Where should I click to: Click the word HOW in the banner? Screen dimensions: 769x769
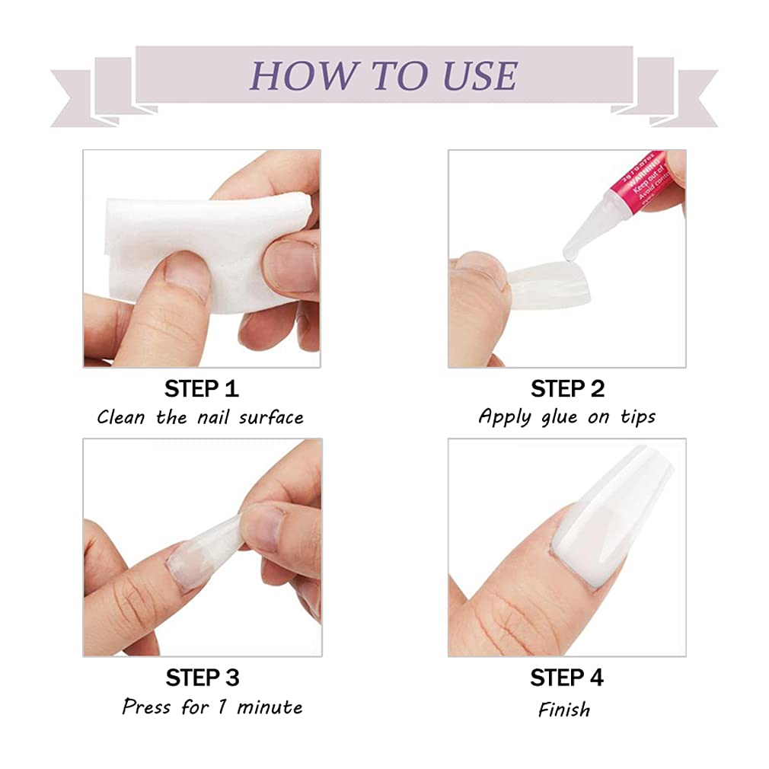(293, 75)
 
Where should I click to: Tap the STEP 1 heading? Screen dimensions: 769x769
(202, 389)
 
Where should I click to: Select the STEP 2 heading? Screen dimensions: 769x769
(567, 389)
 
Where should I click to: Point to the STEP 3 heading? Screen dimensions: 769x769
(202, 677)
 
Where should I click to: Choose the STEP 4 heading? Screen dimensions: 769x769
(567, 677)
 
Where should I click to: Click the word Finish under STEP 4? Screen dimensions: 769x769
(564, 710)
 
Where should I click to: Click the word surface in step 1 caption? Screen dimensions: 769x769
(271, 417)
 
